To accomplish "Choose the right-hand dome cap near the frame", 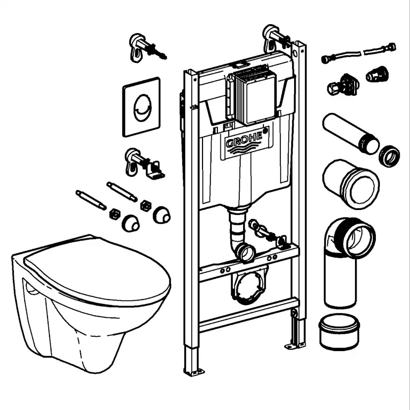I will tap(161, 214).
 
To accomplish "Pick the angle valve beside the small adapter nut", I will tap(343, 84).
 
